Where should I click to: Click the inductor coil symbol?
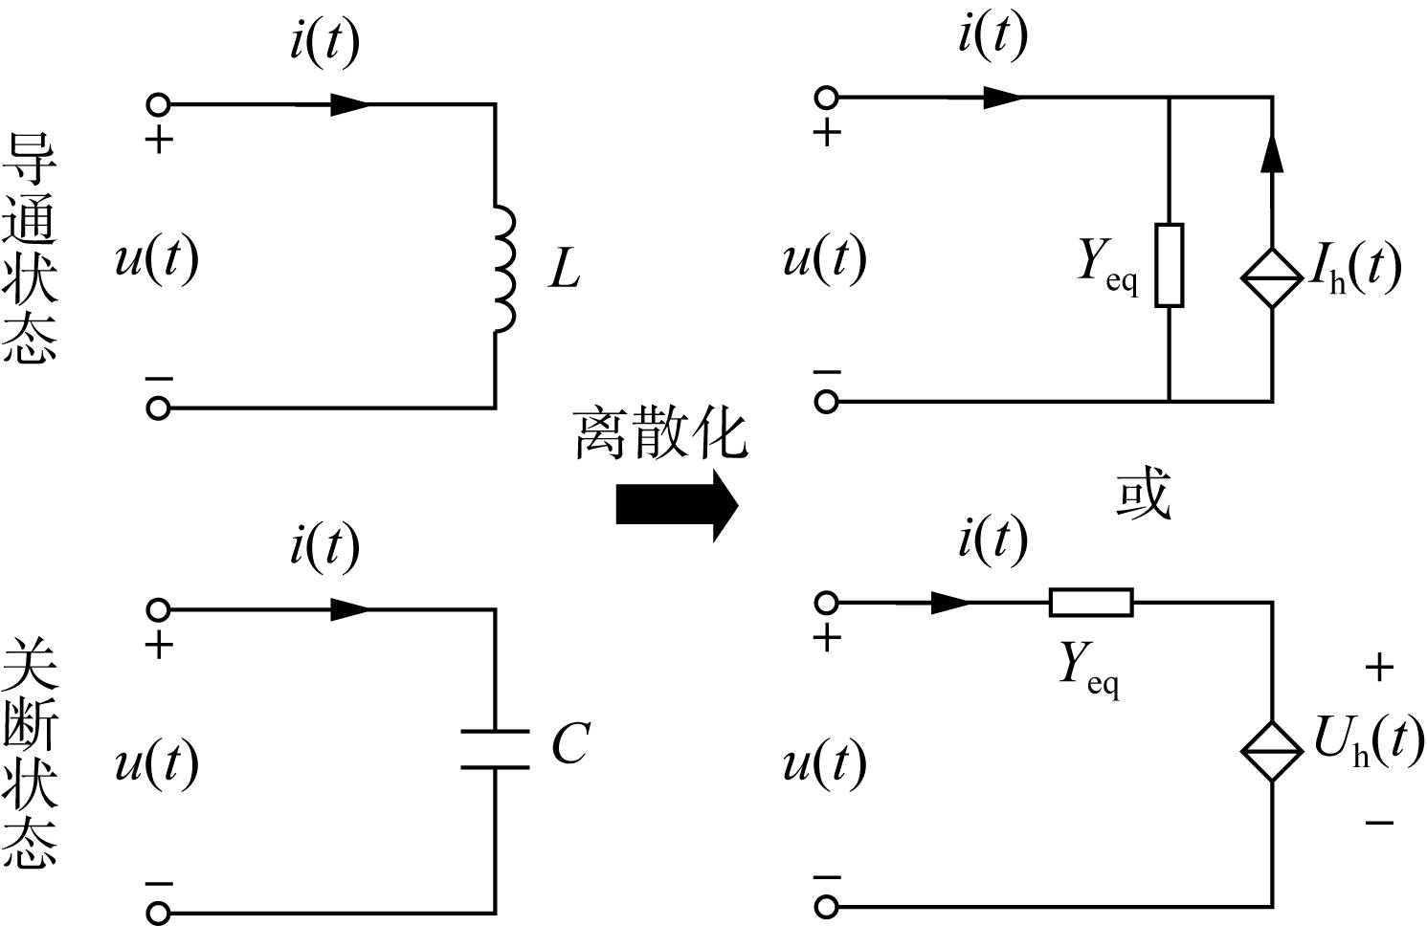tap(504, 269)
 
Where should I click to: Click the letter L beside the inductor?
tap(565, 270)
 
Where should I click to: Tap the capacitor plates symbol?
tap(495, 749)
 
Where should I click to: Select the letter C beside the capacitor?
tap(570, 742)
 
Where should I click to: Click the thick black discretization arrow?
tap(677, 506)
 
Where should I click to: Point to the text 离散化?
tap(660, 435)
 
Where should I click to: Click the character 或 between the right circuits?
tap(1144, 493)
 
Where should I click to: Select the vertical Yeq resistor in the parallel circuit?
tap(1170, 266)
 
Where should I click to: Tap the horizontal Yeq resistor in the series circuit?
tap(1091, 603)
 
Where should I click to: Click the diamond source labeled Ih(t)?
tap(1272, 278)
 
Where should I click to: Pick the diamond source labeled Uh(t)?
tap(1272, 752)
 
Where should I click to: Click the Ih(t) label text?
tap(1355, 269)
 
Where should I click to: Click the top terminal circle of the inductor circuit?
tap(158, 104)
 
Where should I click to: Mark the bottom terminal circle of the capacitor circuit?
tap(158, 914)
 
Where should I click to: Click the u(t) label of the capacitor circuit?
tap(157, 764)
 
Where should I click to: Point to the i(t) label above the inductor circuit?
tap(324, 42)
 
